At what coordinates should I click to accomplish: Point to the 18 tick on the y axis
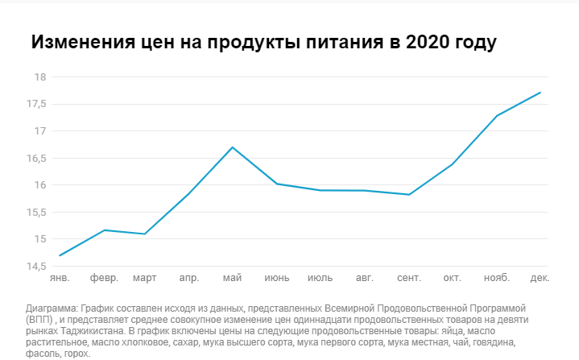(x=39, y=77)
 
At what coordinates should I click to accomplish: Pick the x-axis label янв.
(x=60, y=279)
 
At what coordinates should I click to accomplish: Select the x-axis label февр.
(x=104, y=279)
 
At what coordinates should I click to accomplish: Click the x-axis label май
(x=233, y=279)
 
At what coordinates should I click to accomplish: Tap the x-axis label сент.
(x=409, y=279)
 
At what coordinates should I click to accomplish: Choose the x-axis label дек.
(x=540, y=279)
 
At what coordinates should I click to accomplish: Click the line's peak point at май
(x=233, y=147)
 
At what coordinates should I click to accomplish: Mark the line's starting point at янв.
(x=60, y=255)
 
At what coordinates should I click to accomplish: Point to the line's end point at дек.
(x=540, y=93)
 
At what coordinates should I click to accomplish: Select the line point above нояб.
(x=497, y=116)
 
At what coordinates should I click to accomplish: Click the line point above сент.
(x=409, y=194)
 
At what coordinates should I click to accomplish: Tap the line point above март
(x=145, y=234)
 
